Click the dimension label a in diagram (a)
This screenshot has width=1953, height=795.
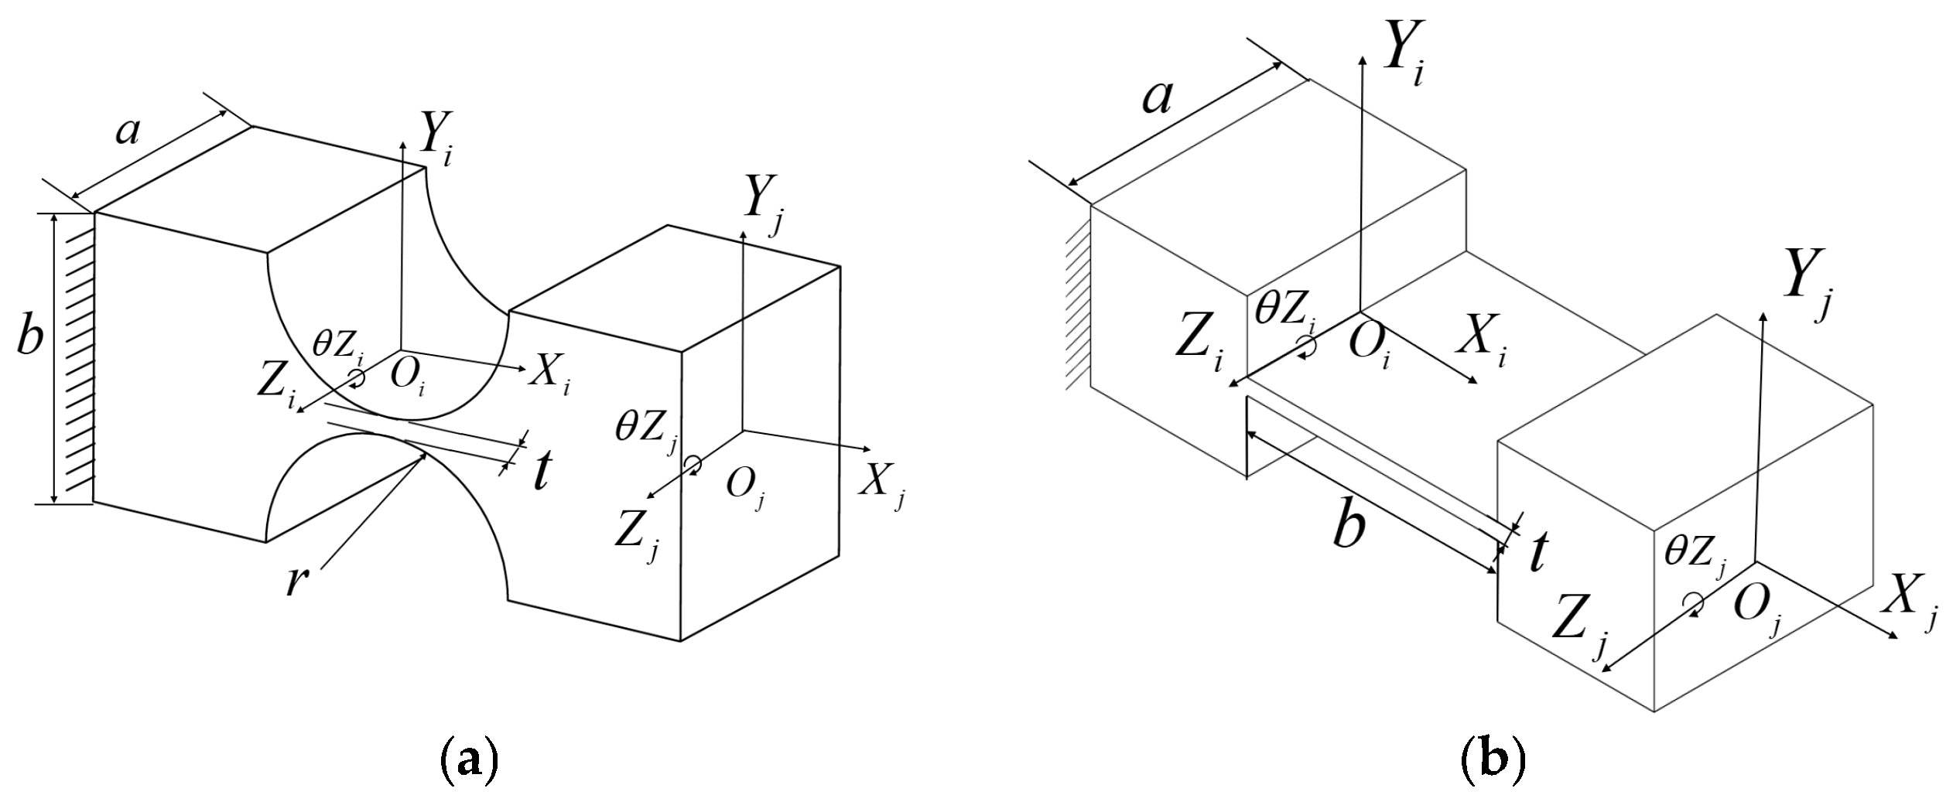[128, 131]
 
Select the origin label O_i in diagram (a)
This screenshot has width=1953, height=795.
[409, 377]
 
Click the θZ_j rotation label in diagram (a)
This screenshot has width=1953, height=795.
[646, 432]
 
